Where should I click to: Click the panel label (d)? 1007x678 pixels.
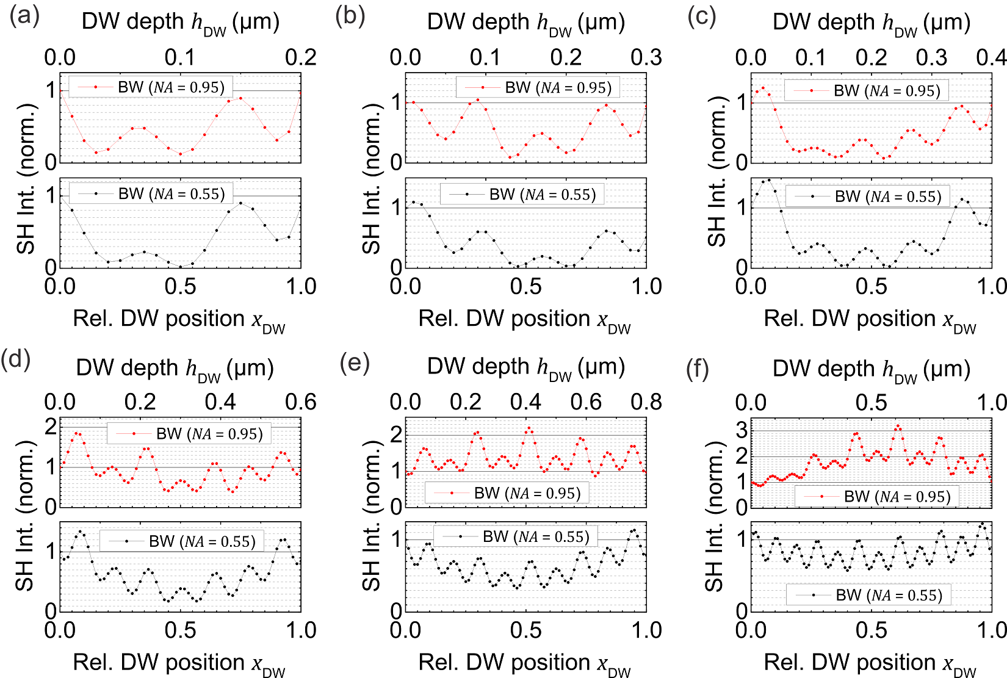tap(16, 359)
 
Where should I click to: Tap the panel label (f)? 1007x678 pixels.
tap(698, 369)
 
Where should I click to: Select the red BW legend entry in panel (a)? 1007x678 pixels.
tap(151, 87)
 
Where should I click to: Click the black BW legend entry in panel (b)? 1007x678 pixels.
tap(522, 195)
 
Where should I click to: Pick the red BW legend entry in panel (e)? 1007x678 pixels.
tap(507, 493)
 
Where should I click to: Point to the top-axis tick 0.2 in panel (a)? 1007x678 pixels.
tap(301, 58)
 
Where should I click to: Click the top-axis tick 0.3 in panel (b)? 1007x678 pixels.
tap(646, 58)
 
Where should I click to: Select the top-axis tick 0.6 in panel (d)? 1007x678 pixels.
tap(301, 402)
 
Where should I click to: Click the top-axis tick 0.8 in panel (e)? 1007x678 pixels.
tap(646, 402)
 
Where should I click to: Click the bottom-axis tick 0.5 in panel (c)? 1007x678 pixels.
tap(871, 287)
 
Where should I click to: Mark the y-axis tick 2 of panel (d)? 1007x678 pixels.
tap(51, 427)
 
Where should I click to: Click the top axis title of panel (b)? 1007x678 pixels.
tap(526, 23)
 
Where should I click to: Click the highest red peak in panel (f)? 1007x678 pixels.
tap(898, 426)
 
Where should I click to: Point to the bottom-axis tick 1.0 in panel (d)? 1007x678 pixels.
tap(301, 631)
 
